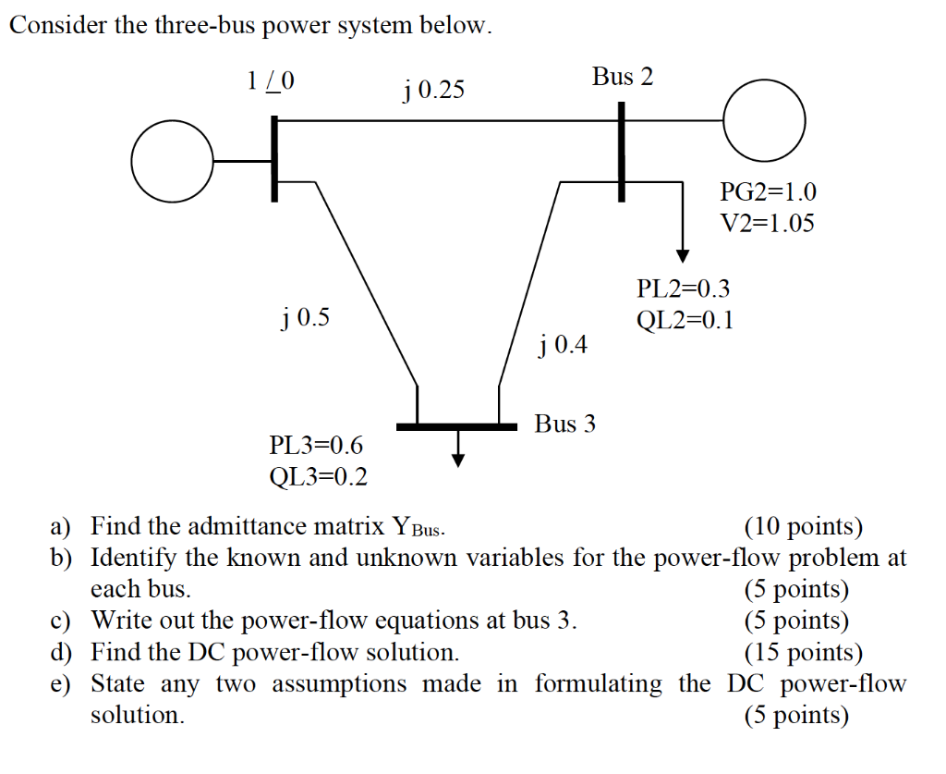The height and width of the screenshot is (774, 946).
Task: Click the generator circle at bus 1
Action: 173,162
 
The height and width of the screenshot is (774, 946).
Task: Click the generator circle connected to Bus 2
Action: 764,119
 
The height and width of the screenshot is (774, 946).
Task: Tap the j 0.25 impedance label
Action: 433,91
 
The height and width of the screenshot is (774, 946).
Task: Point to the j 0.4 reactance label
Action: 562,345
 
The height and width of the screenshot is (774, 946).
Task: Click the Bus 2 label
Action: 623,77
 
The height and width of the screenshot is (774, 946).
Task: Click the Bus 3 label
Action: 565,424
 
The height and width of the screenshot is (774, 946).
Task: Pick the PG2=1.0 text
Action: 768,192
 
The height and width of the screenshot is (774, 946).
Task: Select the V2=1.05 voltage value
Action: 767,223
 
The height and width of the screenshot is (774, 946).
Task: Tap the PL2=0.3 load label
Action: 684,289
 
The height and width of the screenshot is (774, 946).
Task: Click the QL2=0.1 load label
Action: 685,320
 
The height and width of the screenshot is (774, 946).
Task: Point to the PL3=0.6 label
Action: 316,446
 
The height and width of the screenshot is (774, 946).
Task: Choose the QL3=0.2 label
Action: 317,476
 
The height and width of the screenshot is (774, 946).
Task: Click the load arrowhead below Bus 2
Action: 683,254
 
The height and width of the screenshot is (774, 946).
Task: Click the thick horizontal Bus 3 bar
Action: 456,426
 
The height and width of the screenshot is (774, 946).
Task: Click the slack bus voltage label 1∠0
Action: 271,81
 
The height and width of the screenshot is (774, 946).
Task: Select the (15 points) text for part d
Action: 803,653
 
